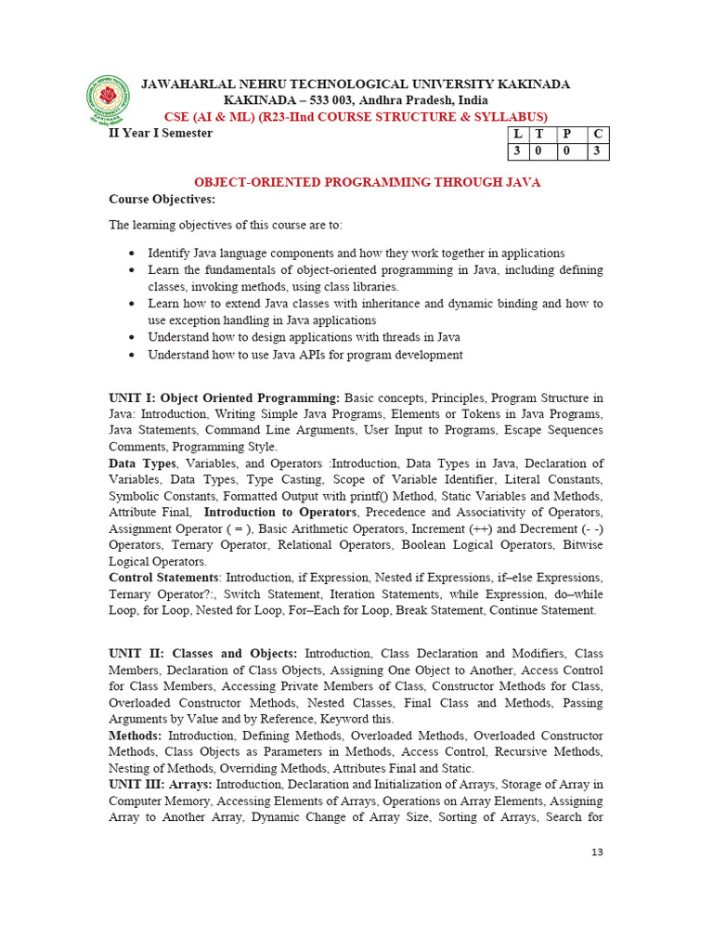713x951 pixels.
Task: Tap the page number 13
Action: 597,852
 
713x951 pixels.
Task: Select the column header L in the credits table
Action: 517,134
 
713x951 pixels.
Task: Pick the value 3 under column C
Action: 598,150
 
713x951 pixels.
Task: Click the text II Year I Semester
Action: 161,133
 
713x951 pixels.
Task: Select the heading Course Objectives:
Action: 162,200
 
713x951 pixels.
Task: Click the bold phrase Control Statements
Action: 164,578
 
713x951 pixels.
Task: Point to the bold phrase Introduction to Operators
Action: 279,513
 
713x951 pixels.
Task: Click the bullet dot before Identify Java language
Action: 132,254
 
